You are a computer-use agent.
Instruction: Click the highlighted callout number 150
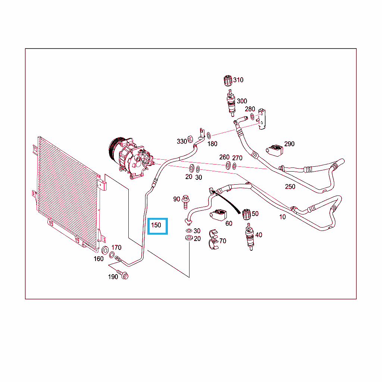tap(156, 225)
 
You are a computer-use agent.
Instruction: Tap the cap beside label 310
tap(228, 81)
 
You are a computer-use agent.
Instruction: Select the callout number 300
tap(242, 101)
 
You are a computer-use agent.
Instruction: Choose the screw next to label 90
tap(186, 202)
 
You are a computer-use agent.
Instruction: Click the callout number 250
tap(290, 187)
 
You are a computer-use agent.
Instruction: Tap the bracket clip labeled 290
tap(275, 150)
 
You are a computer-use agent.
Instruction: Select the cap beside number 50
tap(247, 215)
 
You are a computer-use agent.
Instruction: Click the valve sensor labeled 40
tap(250, 237)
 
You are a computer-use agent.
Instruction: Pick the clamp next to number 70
tap(214, 239)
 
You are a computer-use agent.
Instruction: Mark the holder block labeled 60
tap(218, 215)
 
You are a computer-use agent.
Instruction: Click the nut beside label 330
tap(190, 139)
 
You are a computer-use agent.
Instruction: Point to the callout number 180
tap(212, 144)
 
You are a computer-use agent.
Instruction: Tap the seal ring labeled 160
tap(105, 250)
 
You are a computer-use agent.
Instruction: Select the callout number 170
tap(116, 248)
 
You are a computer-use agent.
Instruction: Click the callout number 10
tap(282, 217)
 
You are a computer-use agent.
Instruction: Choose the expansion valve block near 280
tap(262, 119)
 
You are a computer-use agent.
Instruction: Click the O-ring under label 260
tap(228, 165)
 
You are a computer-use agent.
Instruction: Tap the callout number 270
tap(237, 158)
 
